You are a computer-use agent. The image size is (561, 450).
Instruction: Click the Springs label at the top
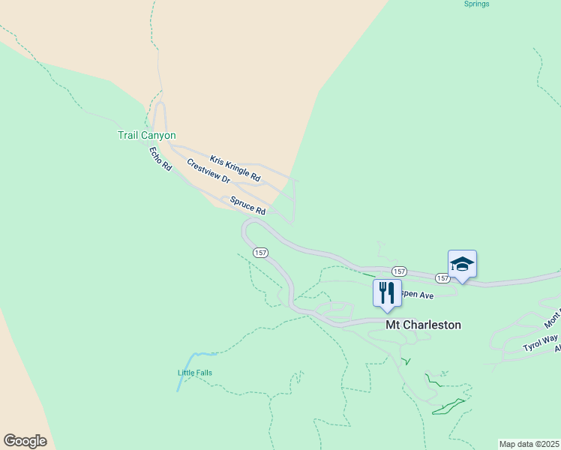[x=476, y=4]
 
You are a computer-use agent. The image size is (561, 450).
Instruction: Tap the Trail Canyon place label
[x=146, y=136]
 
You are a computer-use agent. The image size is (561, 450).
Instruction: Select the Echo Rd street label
[x=160, y=159]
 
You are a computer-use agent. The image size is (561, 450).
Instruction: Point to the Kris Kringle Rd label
[x=235, y=169]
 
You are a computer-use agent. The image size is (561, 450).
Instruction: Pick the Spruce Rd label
[x=247, y=206]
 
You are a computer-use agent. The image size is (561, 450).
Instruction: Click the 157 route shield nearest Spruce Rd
[x=260, y=253]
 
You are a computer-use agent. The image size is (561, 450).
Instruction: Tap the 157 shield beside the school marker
[x=442, y=278]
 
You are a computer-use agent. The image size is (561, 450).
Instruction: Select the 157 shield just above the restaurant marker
[x=399, y=271]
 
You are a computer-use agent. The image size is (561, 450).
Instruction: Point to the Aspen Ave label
[x=417, y=295]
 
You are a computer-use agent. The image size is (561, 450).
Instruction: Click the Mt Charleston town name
[x=423, y=325]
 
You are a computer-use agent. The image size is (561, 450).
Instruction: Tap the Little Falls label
[x=195, y=373]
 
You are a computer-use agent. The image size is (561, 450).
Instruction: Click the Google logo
[x=25, y=441]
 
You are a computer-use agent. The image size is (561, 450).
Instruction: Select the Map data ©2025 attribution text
[x=529, y=444]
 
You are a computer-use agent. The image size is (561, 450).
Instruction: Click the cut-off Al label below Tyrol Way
[x=557, y=349]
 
